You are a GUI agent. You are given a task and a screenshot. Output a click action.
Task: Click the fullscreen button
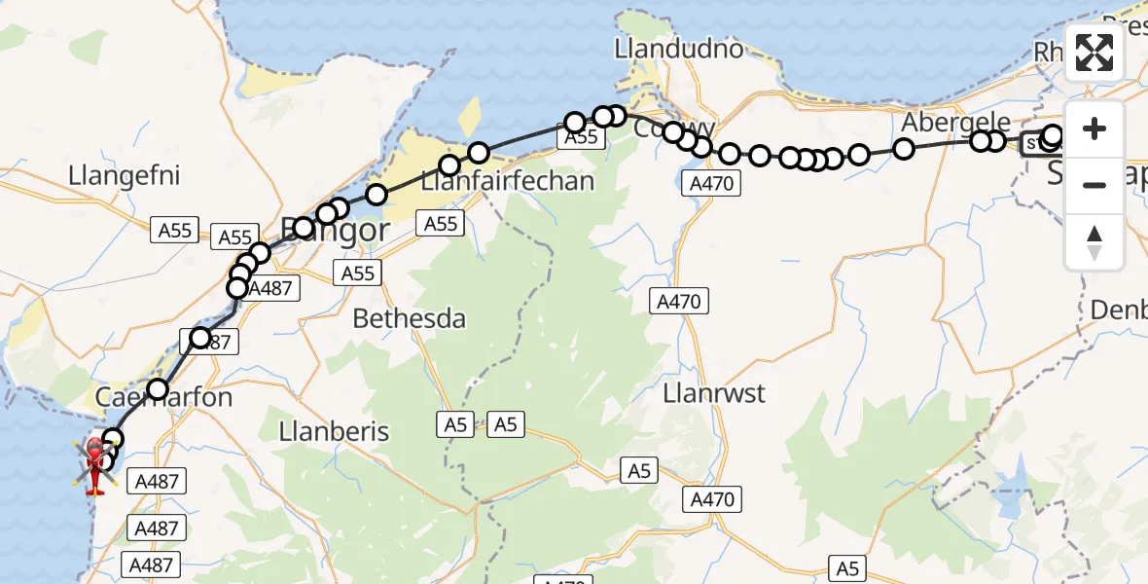1094,53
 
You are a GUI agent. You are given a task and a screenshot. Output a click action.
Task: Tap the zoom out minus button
1094,185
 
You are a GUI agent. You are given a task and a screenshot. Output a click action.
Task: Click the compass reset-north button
1094,241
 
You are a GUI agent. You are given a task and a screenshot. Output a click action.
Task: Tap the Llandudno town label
679,49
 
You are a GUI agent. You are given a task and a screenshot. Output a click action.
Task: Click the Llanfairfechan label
507,180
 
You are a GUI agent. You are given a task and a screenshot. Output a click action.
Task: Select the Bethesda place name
409,318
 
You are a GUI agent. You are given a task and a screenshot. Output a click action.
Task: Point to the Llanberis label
334,431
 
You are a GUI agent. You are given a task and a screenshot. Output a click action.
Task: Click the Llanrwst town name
713,393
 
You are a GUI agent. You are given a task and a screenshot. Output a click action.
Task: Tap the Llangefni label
125,177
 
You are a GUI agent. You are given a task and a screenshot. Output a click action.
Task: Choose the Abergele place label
943,122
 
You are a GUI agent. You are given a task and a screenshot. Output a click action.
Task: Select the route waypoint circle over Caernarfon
158,389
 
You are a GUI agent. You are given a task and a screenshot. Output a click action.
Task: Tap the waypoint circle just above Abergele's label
904,148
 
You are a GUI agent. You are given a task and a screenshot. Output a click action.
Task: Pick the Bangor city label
336,231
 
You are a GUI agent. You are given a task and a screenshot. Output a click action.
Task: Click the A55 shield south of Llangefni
176,230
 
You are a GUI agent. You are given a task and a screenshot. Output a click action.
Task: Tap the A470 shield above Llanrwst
679,302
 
